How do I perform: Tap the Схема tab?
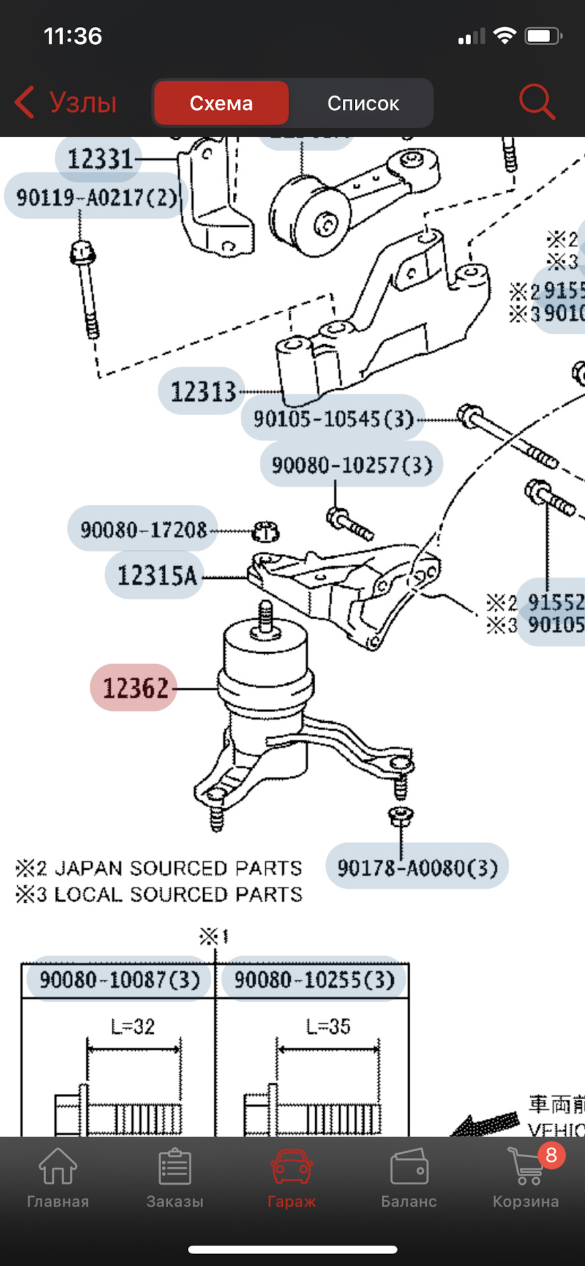tap(221, 104)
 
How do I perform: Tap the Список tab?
tap(363, 104)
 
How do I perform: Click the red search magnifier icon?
tap(536, 102)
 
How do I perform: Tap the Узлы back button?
tap(66, 103)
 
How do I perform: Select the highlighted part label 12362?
tap(135, 688)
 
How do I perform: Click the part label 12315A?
tap(156, 576)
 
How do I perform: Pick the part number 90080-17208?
tap(143, 529)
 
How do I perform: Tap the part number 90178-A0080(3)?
tap(417, 866)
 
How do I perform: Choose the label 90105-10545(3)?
tap(333, 419)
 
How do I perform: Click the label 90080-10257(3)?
tap(352, 465)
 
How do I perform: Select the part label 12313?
tap(202, 392)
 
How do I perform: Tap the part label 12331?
tap(99, 159)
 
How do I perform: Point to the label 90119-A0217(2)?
tap(96, 196)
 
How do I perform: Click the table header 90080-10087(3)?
tap(119, 979)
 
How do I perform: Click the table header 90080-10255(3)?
tap(314, 979)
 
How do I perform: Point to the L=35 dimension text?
tap(328, 1026)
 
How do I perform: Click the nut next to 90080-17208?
tap(265, 531)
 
